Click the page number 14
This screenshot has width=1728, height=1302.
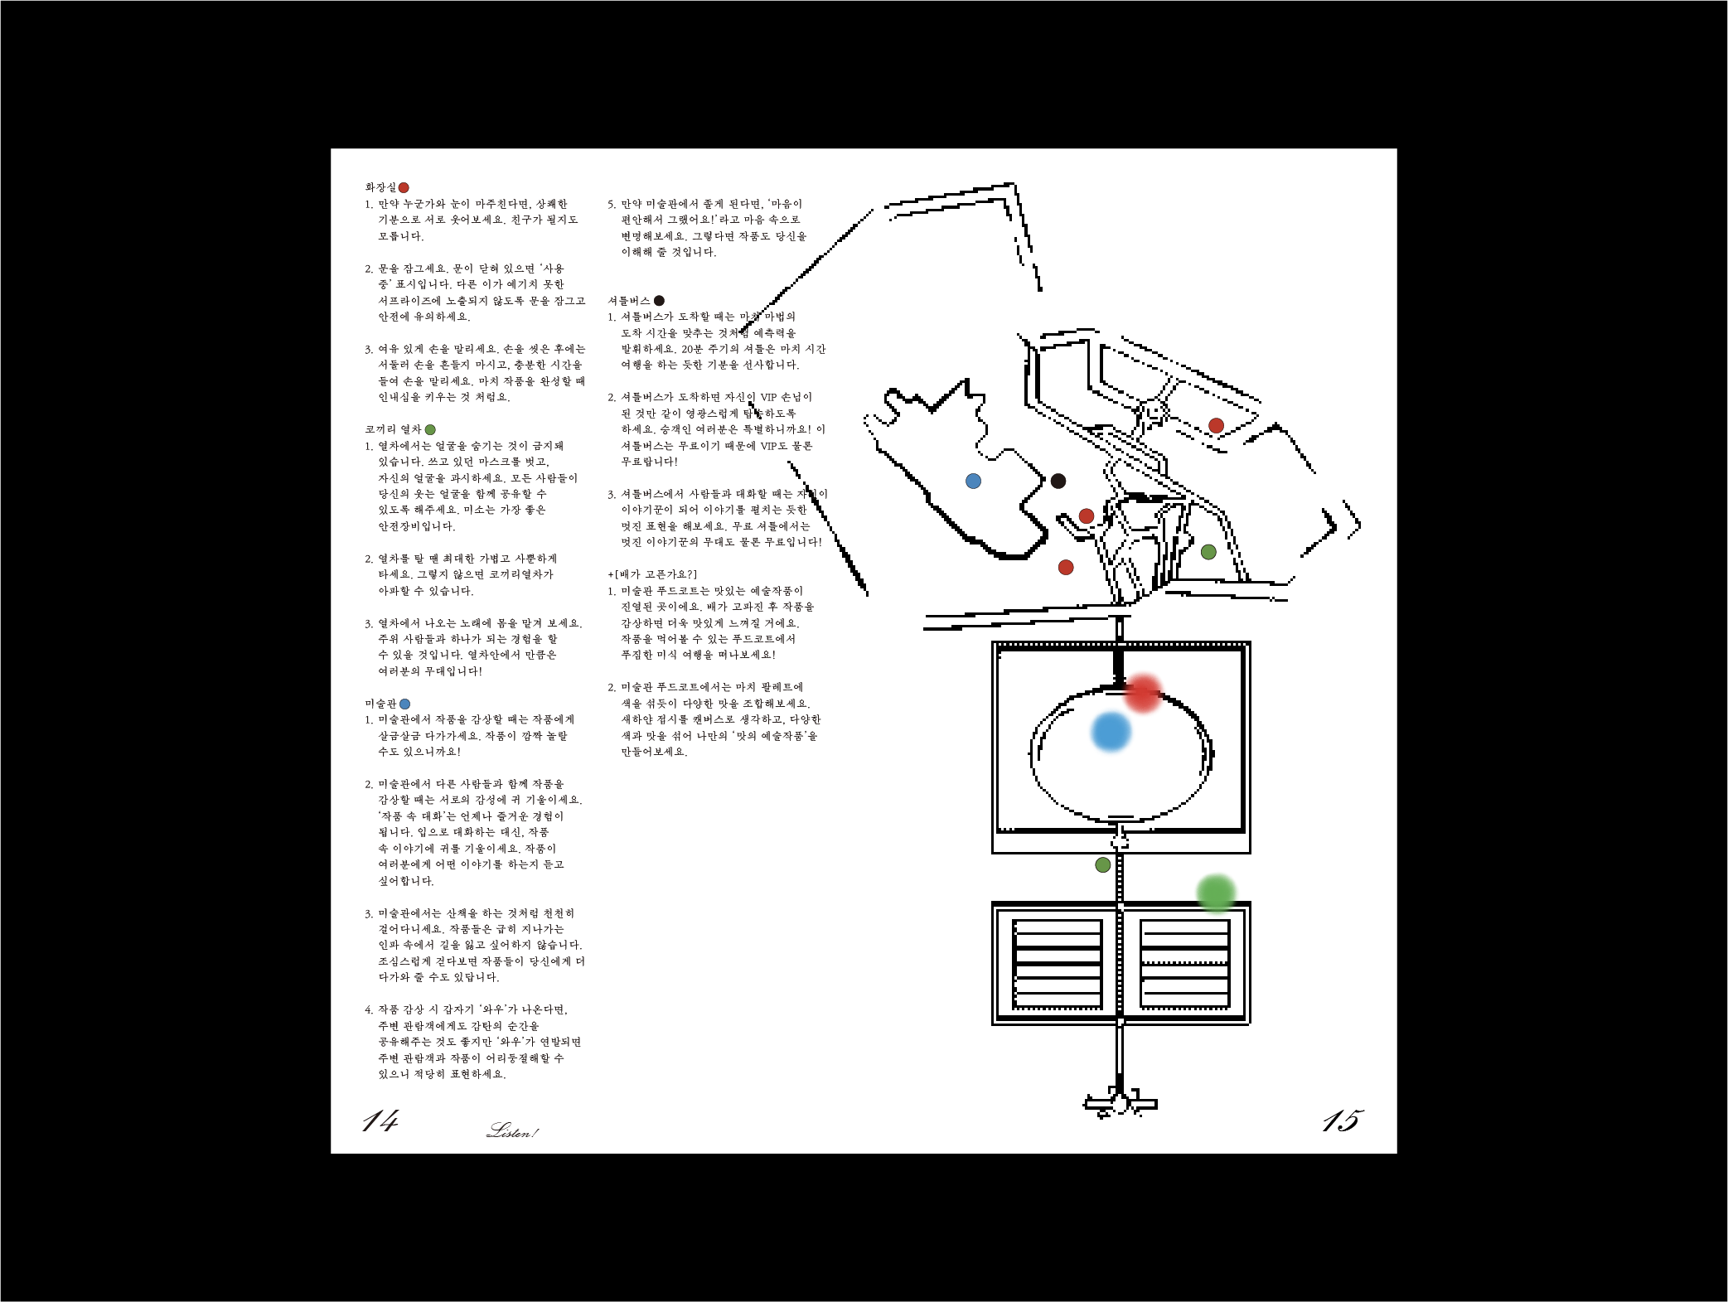tap(380, 1120)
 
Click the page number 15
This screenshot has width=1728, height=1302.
tap(1342, 1120)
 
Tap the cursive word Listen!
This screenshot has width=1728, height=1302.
tap(512, 1130)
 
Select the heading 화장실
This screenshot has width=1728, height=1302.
tap(380, 187)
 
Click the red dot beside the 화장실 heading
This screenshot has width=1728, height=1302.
tap(404, 188)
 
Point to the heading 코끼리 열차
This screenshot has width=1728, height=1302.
tap(393, 429)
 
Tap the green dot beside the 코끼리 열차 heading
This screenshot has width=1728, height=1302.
tap(430, 430)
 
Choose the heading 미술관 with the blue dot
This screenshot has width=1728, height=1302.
tap(380, 704)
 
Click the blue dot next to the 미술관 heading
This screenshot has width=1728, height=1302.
tap(404, 704)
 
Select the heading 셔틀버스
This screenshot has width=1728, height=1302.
tap(629, 301)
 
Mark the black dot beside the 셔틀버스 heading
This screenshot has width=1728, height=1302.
tap(659, 301)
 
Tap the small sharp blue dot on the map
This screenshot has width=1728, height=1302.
tap(974, 482)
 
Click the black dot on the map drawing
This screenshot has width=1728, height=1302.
tap(1058, 481)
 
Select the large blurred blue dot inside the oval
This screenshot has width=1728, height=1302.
tap(1111, 732)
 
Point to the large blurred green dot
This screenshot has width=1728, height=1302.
tap(1217, 893)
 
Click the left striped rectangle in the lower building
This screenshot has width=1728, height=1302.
tap(1058, 964)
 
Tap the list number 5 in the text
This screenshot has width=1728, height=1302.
tap(611, 204)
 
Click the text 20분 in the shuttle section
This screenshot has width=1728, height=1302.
tap(693, 349)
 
